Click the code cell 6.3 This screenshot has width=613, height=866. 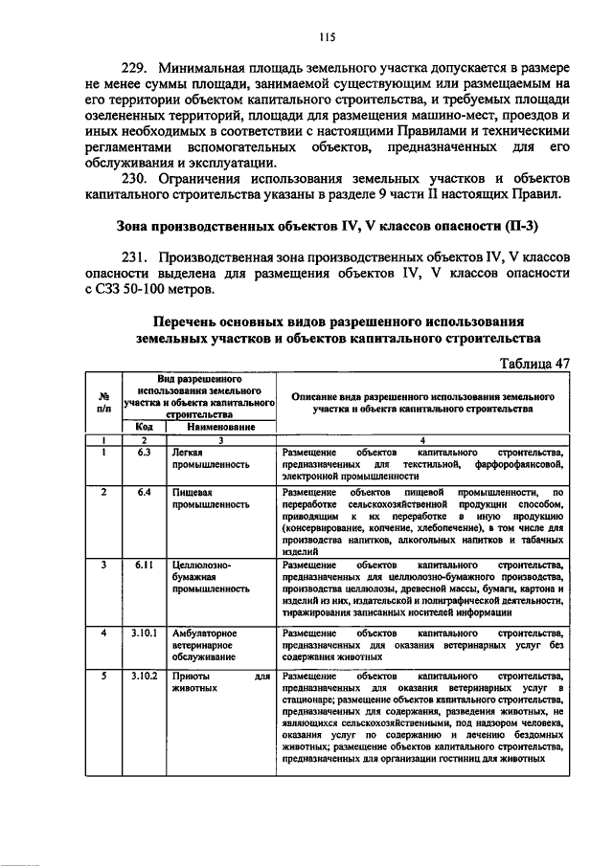(143, 452)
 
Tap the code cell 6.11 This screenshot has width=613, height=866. (143, 565)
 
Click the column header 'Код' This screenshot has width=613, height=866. (143, 427)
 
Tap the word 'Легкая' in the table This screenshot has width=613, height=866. (187, 452)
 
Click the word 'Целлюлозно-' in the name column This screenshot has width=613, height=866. (201, 565)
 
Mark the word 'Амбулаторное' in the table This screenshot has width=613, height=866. (206, 633)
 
